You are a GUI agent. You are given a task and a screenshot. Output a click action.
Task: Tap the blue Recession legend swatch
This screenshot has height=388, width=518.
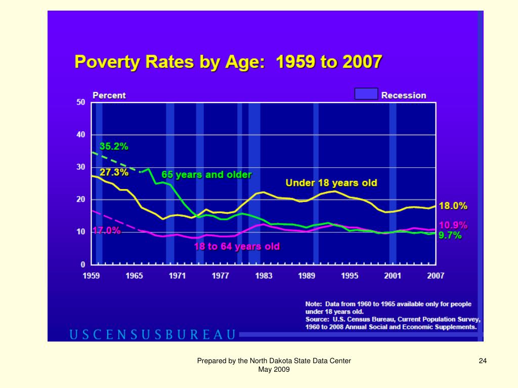tap(366, 94)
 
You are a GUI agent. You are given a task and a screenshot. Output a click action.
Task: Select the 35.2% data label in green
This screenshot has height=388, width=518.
tap(114, 147)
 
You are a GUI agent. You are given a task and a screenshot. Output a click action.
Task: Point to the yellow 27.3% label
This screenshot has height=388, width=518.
tap(114, 172)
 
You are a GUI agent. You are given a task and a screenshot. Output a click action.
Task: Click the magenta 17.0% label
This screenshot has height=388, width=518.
tap(106, 231)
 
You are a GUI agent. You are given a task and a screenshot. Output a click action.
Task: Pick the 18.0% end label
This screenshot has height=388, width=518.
tap(453, 206)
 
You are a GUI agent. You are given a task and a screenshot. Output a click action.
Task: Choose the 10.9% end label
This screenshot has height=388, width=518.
tap(453, 225)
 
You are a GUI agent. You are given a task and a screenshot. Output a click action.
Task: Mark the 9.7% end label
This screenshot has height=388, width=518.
tap(450, 235)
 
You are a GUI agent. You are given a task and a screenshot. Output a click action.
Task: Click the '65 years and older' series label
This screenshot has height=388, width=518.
tap(206, 175)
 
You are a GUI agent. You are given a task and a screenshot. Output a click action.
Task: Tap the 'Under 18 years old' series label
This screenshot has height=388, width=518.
tap(331, 182)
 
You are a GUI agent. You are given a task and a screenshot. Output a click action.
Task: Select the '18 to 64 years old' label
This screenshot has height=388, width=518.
tap(237, 247)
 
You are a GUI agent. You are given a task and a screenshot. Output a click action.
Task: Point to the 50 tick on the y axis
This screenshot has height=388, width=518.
tap(80, 103)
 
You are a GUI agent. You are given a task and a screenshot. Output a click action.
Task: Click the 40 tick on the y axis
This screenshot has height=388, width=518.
tap(80, 135)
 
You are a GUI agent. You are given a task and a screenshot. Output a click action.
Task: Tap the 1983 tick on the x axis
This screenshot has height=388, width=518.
tap(264, 276)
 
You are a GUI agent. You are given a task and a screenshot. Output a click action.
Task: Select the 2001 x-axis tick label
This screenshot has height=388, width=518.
tap(393, 276)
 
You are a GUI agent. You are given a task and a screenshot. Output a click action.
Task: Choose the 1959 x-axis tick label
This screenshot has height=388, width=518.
tap(91, 276)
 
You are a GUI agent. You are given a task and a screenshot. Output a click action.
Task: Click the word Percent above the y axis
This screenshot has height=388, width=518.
tap(109, 95)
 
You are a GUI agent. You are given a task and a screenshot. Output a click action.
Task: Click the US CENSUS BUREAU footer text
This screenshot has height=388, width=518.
tap(152, 334)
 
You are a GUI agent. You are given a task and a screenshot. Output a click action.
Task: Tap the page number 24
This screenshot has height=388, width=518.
tap(483, 361)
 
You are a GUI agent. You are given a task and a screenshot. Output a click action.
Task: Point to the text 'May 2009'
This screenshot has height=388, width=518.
tap(274, 370)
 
